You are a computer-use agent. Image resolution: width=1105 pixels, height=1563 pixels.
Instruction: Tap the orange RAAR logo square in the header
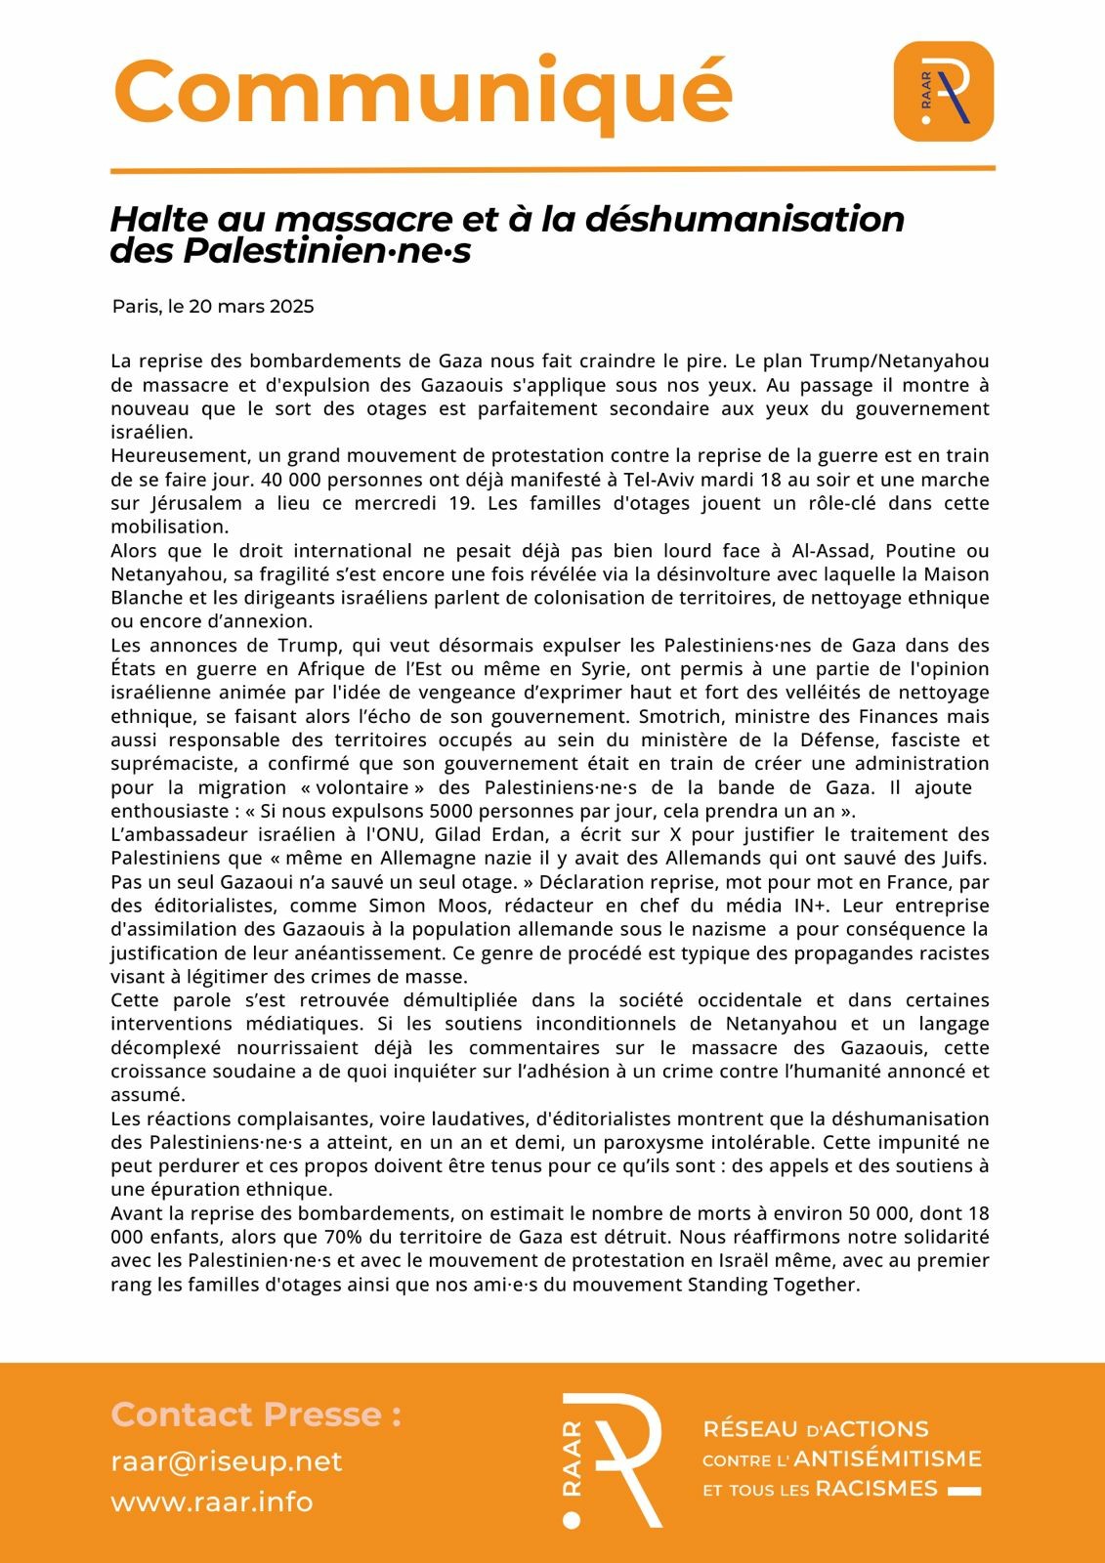pos(943,91)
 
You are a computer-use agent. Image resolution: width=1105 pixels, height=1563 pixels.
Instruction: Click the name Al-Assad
pos(818,551)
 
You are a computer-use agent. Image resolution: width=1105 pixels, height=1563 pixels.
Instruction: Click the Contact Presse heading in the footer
pos(256,1415)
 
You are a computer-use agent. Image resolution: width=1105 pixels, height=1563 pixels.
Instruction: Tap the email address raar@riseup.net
pos(227,1461)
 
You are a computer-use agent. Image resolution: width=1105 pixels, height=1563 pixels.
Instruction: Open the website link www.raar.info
pos(212,1501)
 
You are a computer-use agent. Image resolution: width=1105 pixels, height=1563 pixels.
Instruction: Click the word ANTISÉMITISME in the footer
pos(887,1459)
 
